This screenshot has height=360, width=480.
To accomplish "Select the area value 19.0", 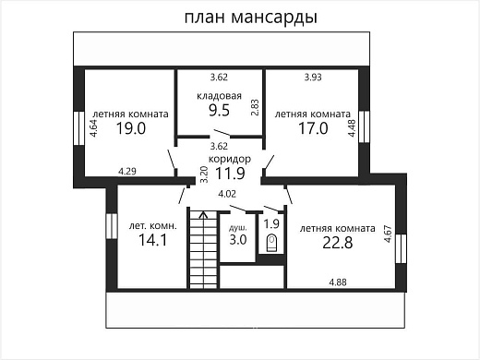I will (131, 129).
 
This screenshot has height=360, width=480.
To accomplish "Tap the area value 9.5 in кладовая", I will (219, 109).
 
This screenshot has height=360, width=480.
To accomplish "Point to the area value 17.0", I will (313, 129).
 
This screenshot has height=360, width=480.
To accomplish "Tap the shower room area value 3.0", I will (238, 240).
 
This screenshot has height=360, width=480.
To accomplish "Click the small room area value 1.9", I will (271, 222).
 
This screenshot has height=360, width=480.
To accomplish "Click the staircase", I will (203, 249).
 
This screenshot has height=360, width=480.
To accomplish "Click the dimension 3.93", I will (317, 77).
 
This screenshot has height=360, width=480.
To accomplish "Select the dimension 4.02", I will (226, 193).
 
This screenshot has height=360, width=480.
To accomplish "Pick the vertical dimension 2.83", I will (255, 106).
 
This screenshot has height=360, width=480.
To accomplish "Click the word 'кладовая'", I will (219, 94).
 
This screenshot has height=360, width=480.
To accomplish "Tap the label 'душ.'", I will (237, 225).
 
